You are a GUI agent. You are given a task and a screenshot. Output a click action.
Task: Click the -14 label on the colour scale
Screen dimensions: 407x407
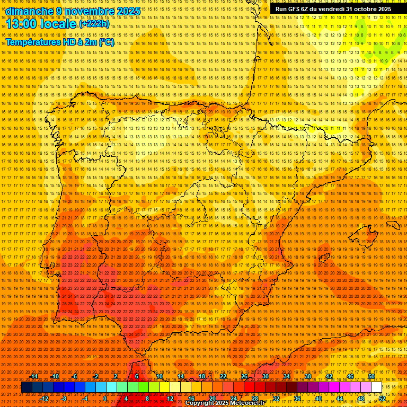pos(34,376)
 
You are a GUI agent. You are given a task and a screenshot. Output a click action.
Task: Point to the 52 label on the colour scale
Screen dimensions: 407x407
pos(382,399)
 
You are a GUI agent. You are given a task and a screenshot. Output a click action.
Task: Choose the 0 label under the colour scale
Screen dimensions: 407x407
pos(105,399)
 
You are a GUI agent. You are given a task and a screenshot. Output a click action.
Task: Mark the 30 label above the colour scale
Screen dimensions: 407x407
pos(265,376)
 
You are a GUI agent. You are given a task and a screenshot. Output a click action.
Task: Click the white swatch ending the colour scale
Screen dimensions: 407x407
pos(376,387)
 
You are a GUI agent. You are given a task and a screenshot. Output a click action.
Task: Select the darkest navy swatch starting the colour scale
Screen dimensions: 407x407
pos(26,387)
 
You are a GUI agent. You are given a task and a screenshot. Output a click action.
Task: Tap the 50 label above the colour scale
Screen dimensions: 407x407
pos(371,376)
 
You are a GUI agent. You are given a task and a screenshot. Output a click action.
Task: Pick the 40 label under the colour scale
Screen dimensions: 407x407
pos(318,399)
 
